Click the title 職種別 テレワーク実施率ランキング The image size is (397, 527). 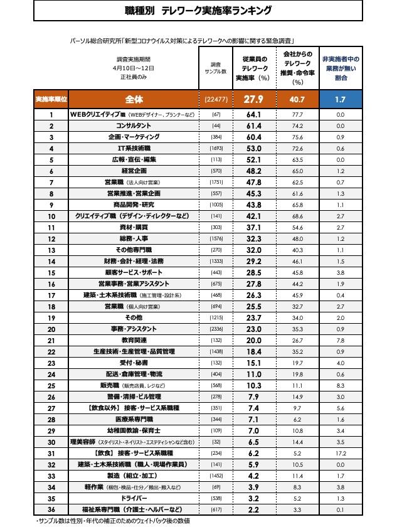[x=198, y=11]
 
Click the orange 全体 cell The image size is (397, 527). [x=134, y=99]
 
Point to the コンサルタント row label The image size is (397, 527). [x=134, y=125]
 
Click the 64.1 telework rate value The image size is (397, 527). [x=253, y=115]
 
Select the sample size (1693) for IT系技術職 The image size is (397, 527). [x=216, y=148]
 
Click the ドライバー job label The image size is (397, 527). [x=134, y=498]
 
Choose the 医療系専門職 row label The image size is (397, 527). [x=134, y=418]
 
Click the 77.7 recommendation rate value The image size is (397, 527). [x=297, y=115]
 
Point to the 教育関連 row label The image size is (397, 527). [x=134, y=339]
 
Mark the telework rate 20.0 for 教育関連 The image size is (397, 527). [x=253, y=339]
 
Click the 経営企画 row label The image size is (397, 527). [x=134, y=171]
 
